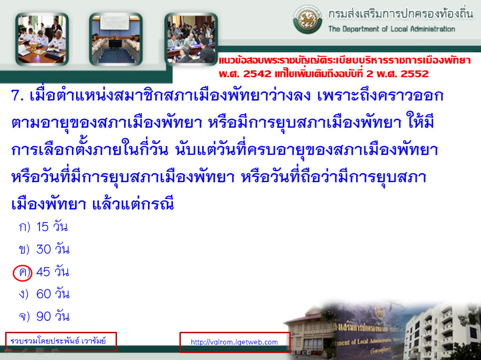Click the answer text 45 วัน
pos(53,272)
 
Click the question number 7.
pos(17,95)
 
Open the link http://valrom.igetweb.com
pos(234,342)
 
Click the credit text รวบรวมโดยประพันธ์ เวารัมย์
pos(58,341)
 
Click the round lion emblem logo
pos(307,19)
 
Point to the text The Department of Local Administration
pos(392,29)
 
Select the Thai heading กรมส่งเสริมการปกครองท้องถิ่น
pos(401,14)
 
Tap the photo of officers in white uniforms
pos(42,39)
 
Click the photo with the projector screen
pos(116,39)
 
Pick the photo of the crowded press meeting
pos(191,39)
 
